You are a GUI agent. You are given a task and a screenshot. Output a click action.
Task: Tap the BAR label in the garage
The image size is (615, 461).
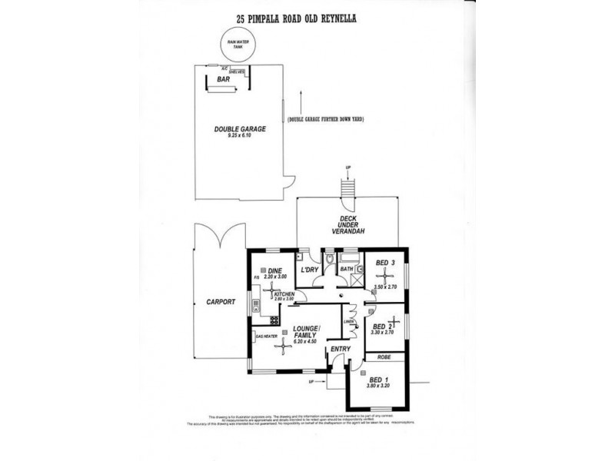224,79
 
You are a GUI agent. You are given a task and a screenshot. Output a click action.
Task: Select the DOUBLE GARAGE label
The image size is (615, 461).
240,129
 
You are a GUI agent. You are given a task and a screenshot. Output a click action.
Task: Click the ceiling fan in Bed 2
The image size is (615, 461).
393,321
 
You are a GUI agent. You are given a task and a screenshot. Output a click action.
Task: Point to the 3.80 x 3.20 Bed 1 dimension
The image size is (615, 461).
377,386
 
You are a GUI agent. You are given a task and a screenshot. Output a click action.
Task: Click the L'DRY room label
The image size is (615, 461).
310,270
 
